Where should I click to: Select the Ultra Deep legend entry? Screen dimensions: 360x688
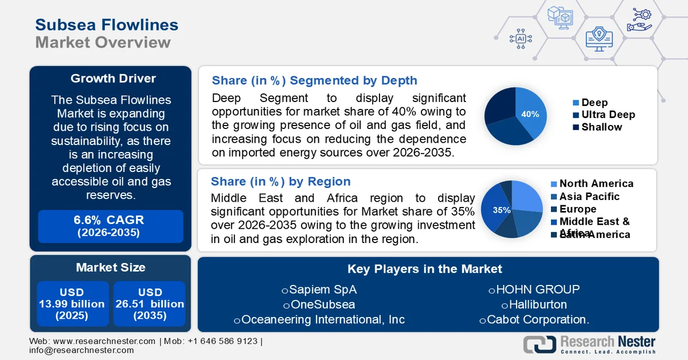pos(608,115)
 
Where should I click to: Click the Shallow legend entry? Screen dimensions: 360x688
pos(601,127)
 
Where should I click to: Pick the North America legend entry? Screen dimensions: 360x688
pos(596,183)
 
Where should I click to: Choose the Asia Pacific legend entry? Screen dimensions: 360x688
pos(589,197)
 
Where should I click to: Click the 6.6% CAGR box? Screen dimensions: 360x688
pos(110,226)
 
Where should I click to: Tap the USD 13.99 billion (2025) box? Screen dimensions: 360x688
pos(72,304)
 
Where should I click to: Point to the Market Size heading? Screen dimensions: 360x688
pos(111,267)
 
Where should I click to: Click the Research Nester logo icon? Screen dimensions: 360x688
pos(540,345)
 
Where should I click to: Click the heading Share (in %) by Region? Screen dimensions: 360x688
pos(281,182)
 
